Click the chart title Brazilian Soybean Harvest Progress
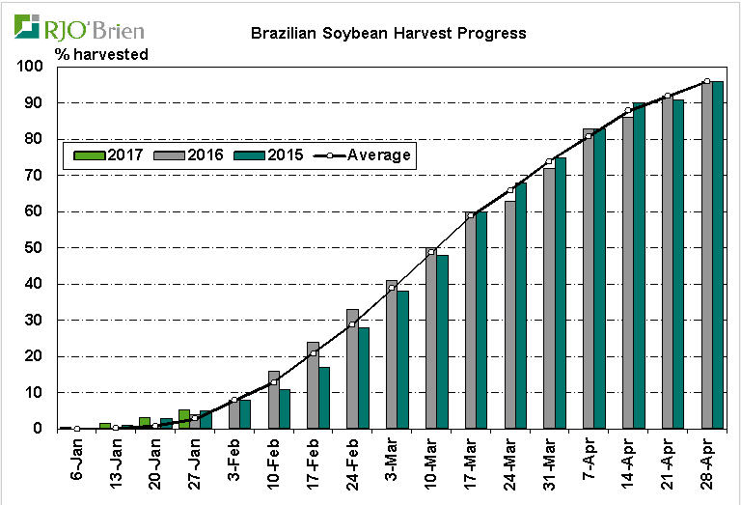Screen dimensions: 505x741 coord(388,33)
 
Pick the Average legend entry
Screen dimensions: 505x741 coord(366,154)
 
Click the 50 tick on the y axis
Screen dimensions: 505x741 coord(35,247)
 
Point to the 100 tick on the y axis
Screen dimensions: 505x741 coord(31,67)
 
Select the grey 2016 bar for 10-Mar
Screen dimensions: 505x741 coord(431,338)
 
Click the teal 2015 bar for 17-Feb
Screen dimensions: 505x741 coord(324,397)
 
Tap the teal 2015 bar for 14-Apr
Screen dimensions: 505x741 coord(639,266)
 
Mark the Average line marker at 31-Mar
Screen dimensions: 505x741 coord(549,161)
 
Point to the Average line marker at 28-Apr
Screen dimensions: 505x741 coord(706,82)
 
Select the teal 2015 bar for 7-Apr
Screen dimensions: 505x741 coord(599,279)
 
